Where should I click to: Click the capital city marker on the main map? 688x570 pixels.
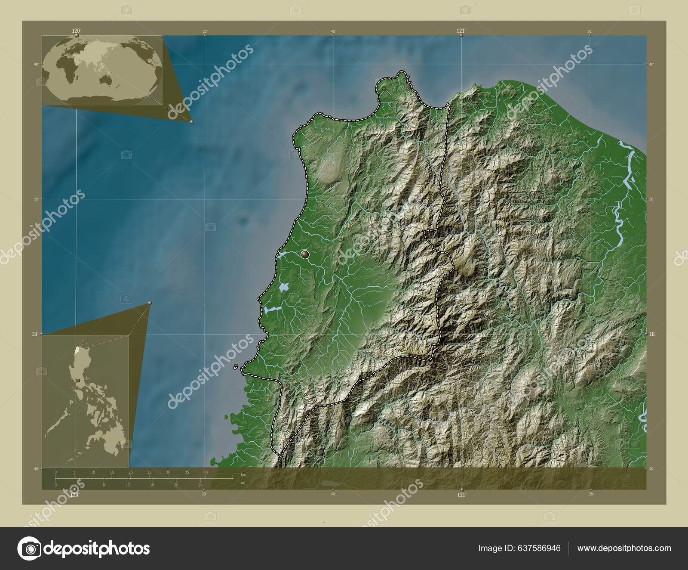coord(305,255)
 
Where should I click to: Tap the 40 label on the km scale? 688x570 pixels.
coord(206,472)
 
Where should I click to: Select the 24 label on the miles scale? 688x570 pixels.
coord(200,485)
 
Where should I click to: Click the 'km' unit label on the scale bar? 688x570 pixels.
coord(243,474)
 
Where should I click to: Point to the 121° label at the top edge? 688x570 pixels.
coord(461,31)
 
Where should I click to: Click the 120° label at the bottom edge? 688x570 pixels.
coord(75,495)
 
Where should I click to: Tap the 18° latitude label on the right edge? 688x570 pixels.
coord(652,334)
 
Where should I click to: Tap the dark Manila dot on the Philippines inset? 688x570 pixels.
coord(79,381)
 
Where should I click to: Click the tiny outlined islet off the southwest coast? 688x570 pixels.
coord(236,367)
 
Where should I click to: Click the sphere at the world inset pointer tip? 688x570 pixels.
coord(192,122)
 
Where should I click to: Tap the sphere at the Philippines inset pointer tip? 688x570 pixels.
coord(149,304)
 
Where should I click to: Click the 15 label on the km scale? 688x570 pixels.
coord(112,472)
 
